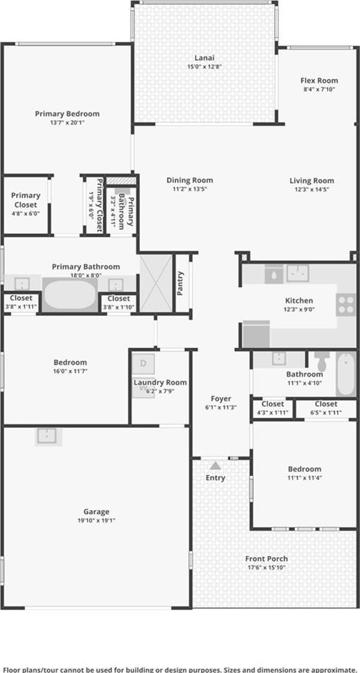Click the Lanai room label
click(x=204, y=58)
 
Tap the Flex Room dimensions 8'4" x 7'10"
click(x=319, y=89)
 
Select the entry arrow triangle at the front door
click(x=216, y=465)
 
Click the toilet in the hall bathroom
click(x=321, y=362)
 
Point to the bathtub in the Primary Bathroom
click(x=71, y=295)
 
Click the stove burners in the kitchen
click(x=346, y=305)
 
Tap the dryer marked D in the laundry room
click(x=143, y=364)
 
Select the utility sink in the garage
click(x=49, y=437)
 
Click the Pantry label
click(x=181, y=284)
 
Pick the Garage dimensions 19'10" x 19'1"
click(x=96, y=521)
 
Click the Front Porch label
click(x=266, y=559)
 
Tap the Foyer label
click(x=221, y=399)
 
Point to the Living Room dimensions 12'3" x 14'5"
click(x=311, y=189)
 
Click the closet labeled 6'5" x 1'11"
click(x=326, y=408)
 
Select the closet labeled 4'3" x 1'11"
click(x=272, y=408)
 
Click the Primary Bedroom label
click(x=67, y=114)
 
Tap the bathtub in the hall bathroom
click(x=346, y=374)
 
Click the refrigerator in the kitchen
click(x=256, y=334)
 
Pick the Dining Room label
click(x=190, y=180)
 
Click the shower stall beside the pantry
click(x=156, y=284)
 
